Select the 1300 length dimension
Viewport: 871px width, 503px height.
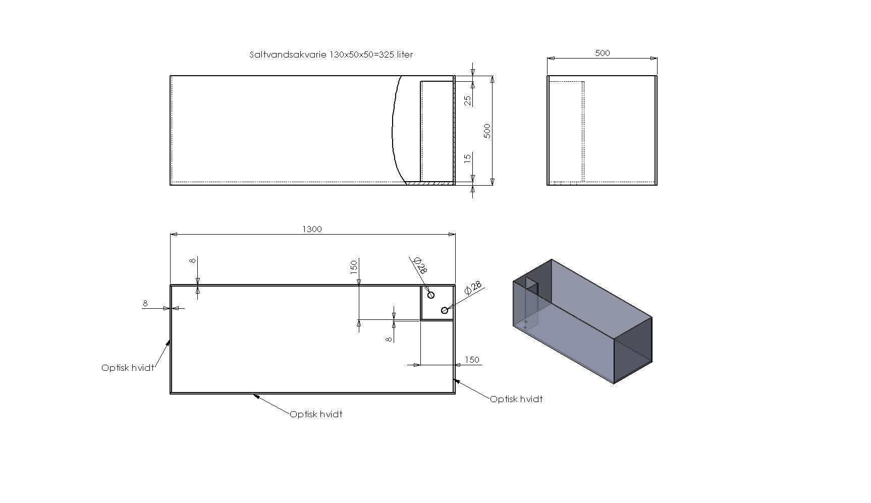click(x=312, y=229)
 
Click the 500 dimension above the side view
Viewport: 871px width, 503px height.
click(x=603, y=53)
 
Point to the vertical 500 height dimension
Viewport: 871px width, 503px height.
click(x=487, y=131)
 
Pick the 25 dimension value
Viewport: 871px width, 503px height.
click(x=468, y=100)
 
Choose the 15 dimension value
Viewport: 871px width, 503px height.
click(x=468, y=157)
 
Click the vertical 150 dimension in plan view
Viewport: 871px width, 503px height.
click(x=354, y=266)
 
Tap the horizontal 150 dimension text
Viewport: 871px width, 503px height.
click(x=471, y=360)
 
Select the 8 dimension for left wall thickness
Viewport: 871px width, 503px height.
click(x=145, y=303)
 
